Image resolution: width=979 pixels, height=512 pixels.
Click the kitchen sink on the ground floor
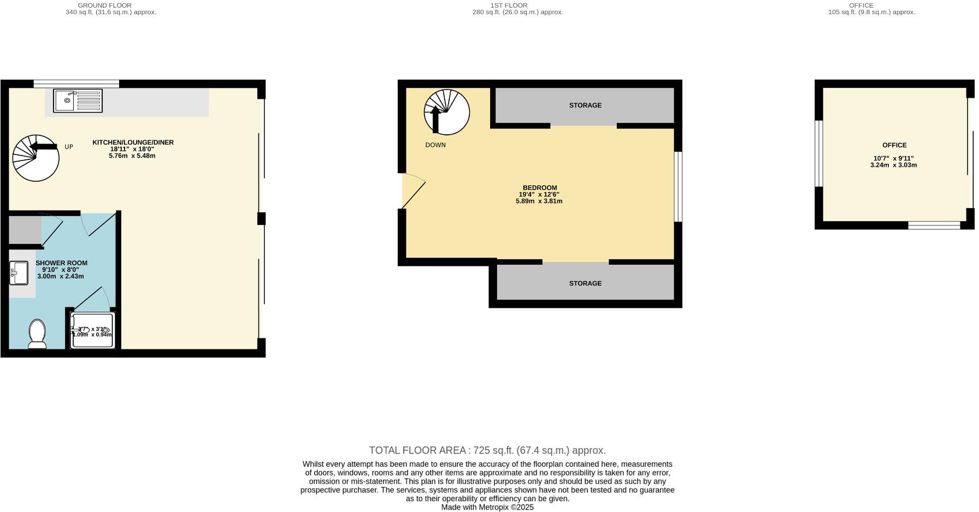[x=78, y=101]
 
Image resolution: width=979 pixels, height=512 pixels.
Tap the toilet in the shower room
[x=37, y=334]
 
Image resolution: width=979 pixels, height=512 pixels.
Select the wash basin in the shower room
[x=19, y=273]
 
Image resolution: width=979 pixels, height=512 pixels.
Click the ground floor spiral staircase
[x=36, y=158]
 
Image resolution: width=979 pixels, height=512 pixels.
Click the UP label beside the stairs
[x=69, y=147]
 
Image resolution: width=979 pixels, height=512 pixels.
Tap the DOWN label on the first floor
[x=435, y=145]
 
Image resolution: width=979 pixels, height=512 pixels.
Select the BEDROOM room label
[x=539, y=188]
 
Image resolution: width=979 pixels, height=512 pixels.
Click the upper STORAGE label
[x=585, y=105]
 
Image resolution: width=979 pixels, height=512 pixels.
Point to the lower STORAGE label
[x=585, y=283]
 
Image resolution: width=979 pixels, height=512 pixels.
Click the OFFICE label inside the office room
[x=894, y=145]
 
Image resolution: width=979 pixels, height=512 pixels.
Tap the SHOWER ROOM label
[x=61, y=263]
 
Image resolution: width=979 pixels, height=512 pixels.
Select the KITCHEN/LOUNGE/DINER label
[x=133, y=142]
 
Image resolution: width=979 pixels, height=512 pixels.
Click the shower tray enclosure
[x=92, y=331]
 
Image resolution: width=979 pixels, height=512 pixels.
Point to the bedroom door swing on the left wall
[x=412, y=190]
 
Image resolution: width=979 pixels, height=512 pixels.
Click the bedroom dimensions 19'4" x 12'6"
[x=539, y=194]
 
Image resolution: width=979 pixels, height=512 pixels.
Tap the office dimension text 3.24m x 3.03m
[x=893, y=165]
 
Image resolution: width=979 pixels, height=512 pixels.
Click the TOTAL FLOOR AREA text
[x=487, y=450]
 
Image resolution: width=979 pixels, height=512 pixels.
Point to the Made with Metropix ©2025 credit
[x=487, y=507]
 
